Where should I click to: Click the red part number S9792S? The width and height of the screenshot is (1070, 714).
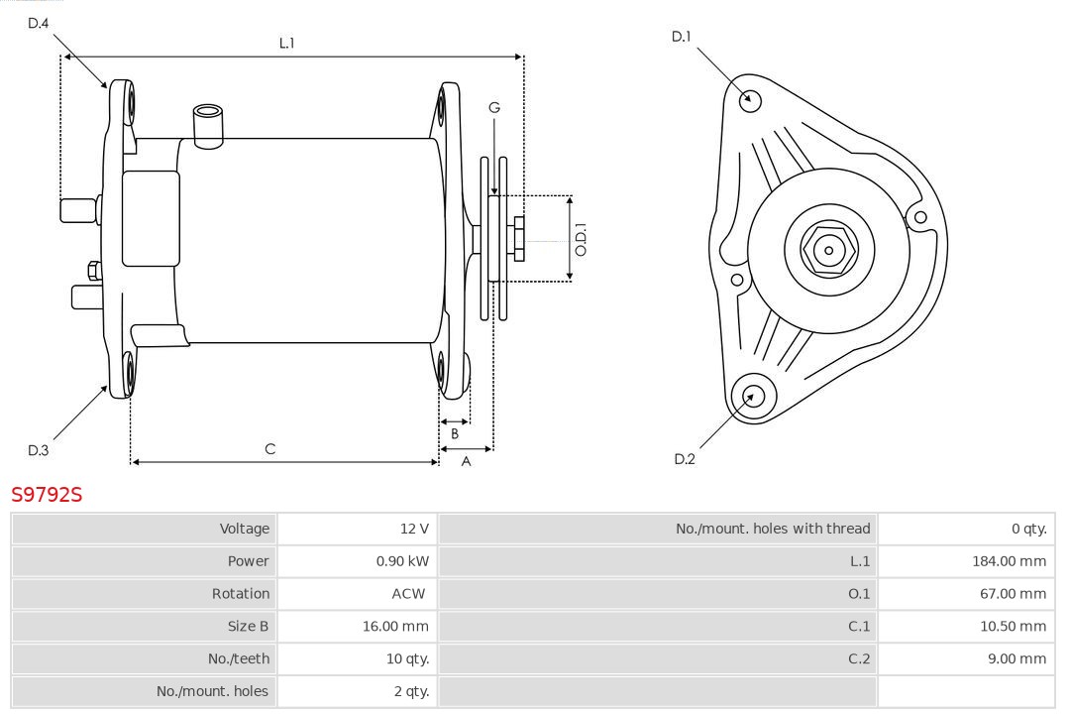coord(47,494)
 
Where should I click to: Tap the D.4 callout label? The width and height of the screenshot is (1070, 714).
coord(38,23)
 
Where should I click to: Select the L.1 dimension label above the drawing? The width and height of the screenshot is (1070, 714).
coord(286,43)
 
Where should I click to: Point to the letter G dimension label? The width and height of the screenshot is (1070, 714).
coord(493,107)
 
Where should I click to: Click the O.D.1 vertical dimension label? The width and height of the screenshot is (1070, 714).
coord(582,239)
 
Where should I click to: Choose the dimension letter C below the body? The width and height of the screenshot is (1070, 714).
coord(269,449)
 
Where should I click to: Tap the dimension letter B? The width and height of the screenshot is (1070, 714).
coord(455,433)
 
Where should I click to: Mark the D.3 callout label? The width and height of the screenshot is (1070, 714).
coord(38,450)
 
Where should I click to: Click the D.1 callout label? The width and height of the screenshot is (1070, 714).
coord(681,37)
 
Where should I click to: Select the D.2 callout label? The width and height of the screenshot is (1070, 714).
coord(685,458)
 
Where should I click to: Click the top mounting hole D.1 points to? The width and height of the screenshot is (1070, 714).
coord(751,98)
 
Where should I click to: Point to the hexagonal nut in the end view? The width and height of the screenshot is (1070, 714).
coord(828,250)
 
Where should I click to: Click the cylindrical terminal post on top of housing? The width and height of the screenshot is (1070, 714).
coord(208,124)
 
